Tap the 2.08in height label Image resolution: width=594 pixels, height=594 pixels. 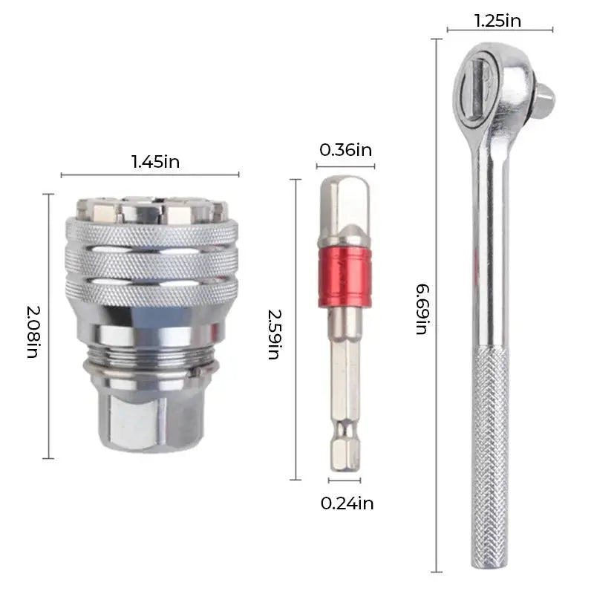click(32, 326)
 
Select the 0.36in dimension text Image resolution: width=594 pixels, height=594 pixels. click(345, 150)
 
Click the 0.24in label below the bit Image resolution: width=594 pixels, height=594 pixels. click(347, 503)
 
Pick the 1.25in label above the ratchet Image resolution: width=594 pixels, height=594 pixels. click(498, 21)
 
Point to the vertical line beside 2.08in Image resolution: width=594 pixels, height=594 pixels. click(49, 326)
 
